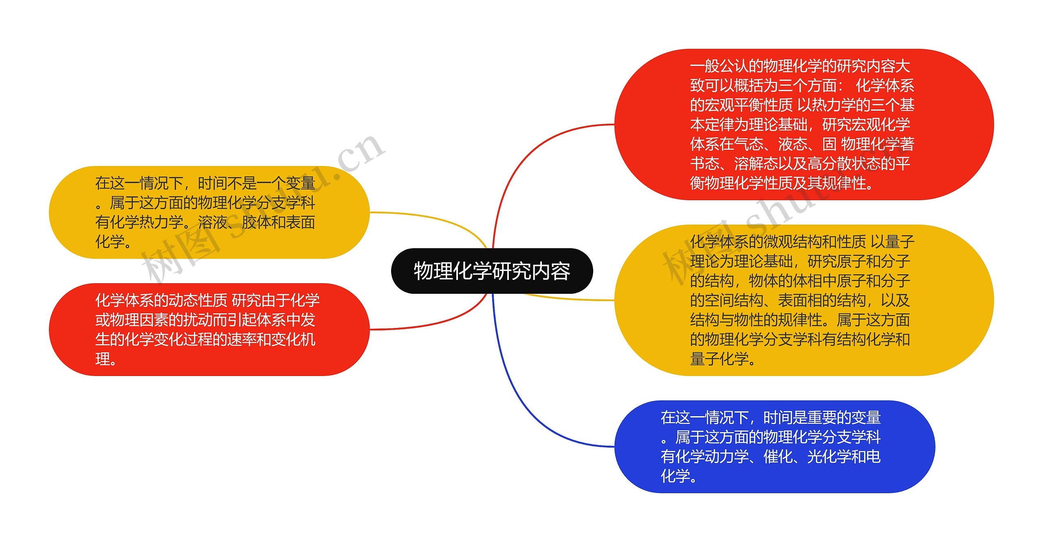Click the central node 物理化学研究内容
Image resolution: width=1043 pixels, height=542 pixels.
coord(492,271)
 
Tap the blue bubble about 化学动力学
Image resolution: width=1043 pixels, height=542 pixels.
coord(774,446)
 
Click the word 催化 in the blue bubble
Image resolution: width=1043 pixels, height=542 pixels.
coord(778,457)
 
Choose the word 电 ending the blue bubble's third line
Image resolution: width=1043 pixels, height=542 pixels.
coord(873,457)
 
